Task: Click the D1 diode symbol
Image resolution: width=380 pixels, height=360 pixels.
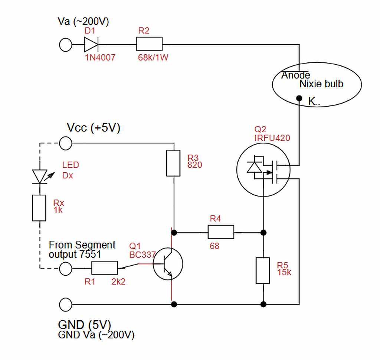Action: click(91, 45)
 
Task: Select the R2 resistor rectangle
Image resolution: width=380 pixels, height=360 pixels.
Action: click(149, 44)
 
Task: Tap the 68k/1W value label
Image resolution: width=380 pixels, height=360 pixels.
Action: click(153, 58)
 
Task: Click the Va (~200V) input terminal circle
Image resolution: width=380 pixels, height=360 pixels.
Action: click(66, 45)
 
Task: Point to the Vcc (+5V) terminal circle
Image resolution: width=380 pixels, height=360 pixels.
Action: click(66, 143)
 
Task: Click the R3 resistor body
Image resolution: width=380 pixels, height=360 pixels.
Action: click(173, 163)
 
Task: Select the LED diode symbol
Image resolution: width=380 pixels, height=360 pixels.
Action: click(40, 176)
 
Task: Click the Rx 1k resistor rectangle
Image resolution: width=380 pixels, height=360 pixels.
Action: click(39, 208)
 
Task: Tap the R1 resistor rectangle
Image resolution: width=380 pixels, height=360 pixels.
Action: click(104, 268)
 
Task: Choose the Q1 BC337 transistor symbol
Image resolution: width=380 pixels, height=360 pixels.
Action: click(168, 264)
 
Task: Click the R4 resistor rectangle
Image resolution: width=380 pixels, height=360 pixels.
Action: click(221, 232)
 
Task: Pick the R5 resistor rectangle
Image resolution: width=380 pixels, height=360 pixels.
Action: click(263, 270)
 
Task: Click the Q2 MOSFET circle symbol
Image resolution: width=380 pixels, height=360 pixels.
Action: click(263, 169)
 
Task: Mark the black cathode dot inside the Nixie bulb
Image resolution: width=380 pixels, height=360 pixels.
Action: click(299, 98)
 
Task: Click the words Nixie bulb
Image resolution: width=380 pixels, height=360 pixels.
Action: click(321, 84)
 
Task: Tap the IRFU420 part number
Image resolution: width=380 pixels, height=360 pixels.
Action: click(272, 138)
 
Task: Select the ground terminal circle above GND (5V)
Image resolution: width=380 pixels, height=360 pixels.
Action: click(66, 304)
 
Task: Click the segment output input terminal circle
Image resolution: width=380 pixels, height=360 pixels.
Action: click(66, 269)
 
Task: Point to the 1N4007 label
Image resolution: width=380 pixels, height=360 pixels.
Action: click(100, 58)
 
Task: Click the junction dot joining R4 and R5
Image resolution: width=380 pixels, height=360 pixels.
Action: click(263, 233)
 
